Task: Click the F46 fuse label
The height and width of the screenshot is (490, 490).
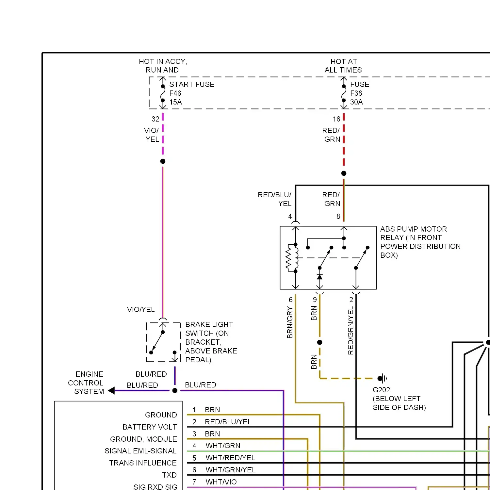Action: tap(175, 93)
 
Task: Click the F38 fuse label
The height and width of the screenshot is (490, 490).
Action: tap(356, 93)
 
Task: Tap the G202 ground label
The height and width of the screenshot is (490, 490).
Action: tap(381, 390)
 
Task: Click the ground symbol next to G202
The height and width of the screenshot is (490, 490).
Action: tap(383, 379)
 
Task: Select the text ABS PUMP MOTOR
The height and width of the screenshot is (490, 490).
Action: tap(414, 229)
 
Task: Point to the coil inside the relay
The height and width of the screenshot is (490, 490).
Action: tap(292, 258)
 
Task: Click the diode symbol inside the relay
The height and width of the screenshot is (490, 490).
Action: tap(320, 277)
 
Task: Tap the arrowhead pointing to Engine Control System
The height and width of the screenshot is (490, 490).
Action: tap(111, 390)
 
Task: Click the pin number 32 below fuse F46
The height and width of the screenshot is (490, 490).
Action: tap(155, 119)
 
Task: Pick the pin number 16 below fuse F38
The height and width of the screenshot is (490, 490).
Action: tap(336, 119)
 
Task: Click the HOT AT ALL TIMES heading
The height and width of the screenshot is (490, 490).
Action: tap(343, 66)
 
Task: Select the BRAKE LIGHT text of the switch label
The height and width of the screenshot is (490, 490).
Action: tap(209, 324)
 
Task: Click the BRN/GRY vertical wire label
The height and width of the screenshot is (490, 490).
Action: tap(290, 322)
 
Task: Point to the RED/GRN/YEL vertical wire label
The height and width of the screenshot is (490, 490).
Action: tap(351, 331)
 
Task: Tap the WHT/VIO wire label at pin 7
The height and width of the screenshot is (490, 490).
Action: tap(221, 482)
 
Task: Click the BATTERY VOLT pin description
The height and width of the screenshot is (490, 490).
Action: tap(150, 427)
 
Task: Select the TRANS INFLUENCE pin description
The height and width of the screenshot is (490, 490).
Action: tap(143, 463)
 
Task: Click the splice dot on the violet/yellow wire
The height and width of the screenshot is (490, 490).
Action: tap(163, 161)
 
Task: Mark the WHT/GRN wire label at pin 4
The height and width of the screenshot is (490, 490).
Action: tap(223, 446)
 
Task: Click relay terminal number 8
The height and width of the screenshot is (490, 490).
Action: tap(338, 216)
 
